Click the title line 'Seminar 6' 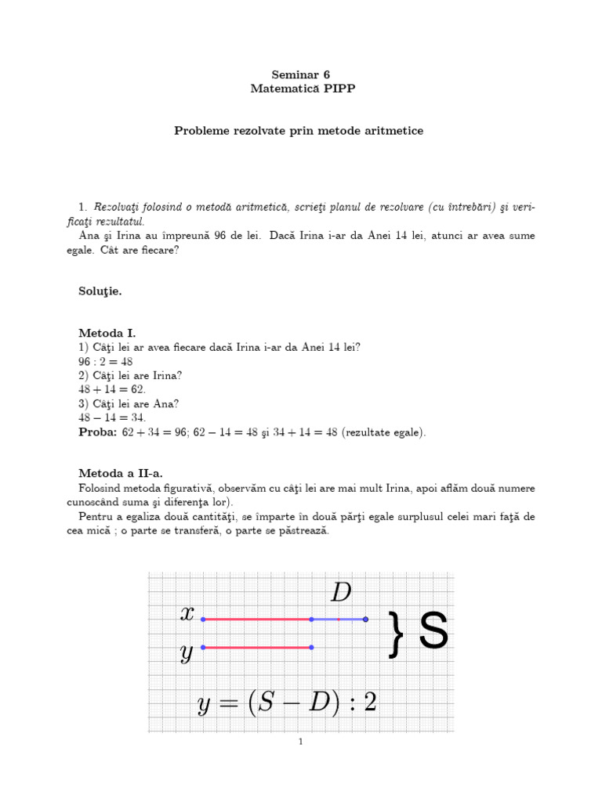(301, 74)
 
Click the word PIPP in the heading (339, 89)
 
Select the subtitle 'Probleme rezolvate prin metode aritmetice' (299, 131)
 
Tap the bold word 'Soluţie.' (100, 291)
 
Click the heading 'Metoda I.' (107, 333)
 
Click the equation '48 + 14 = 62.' (112, 389)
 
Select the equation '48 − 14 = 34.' (112, 417)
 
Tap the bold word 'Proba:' (98, 432)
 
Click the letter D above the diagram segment (341, 593)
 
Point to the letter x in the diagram (187, 614)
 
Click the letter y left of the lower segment (187, 652)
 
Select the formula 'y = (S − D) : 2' (287, 703)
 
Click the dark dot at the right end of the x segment (365, 620)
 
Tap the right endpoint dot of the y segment (312, 647)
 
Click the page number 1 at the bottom (301, 742)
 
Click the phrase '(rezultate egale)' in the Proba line (383, 432)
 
